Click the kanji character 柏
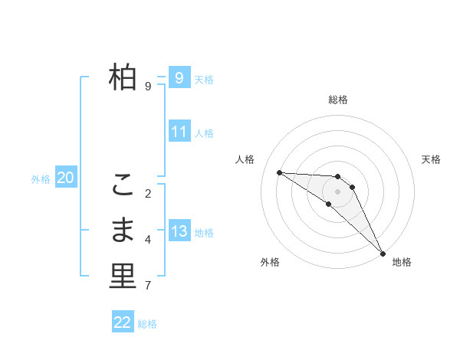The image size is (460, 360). coord(123,77)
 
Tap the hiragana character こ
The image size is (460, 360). coord(123,185)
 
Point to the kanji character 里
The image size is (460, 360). coord(123,277)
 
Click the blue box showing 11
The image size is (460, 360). coord(179,132)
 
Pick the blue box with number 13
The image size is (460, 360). coord(179,231)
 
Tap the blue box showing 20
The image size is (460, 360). coord(65,178)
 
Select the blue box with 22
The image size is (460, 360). coord(123,322)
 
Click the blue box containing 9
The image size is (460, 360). coord(179,77)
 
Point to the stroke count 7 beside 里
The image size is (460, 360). coord(148,286)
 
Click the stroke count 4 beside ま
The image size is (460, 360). coord(148,240)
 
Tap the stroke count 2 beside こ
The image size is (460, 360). coord(148,193)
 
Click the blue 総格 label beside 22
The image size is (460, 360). coord(147,324)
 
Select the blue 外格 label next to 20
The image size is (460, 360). coord(41,179)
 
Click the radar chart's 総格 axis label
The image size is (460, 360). coord(338,100)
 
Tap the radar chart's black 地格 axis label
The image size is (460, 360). coord(402,262)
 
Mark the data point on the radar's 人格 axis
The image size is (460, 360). coord(279,172)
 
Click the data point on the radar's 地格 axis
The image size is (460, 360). coord(383,253)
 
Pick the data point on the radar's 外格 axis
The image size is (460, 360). coord(328,204)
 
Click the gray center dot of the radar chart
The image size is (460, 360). coord(338,191)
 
